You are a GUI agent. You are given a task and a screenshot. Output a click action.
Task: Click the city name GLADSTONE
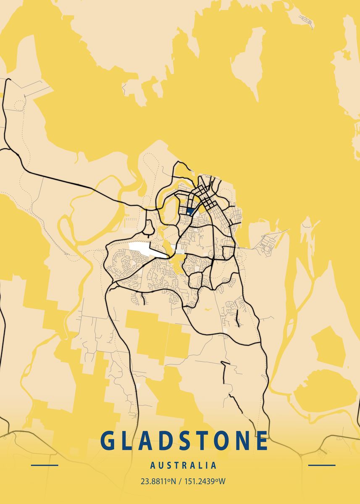[x=184, y=441]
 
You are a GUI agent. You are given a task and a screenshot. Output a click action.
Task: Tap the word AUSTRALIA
[x=184, y=465]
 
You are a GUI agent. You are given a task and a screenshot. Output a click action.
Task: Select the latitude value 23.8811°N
[x=158, y=481]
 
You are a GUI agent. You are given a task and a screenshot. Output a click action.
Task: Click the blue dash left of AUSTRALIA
[x=45, y=465]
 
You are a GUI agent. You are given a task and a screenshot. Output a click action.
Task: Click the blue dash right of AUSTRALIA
[x=322, y=465]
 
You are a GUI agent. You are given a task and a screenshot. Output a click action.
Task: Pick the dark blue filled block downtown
[x=190, y=211]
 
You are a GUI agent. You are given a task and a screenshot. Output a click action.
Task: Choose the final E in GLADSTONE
[x=262, y=441]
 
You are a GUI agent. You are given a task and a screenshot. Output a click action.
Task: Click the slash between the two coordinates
[x=179, y=481]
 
